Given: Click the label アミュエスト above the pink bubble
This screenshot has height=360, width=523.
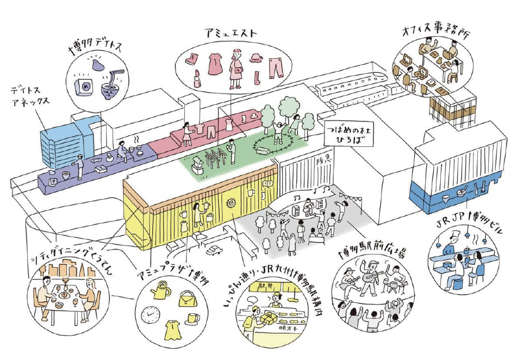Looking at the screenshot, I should pyautogui.click(x=231, y=33).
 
